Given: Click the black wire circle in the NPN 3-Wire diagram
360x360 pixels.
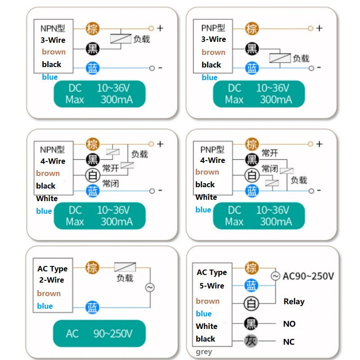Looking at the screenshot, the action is click(93, 49).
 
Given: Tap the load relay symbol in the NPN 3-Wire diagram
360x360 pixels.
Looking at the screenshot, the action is click(121, 39).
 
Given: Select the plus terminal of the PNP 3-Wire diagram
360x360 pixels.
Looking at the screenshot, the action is click(310, 28).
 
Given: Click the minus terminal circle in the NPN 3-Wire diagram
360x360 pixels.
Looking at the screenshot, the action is click(152, 68).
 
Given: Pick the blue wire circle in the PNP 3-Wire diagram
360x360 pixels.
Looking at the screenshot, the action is click(252, 68).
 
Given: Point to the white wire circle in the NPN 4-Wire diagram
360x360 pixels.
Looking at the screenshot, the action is click(93, 175).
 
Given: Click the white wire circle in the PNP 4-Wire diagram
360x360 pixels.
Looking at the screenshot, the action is click(252, 175).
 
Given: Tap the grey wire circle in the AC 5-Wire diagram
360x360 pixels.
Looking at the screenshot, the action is click(251, 341).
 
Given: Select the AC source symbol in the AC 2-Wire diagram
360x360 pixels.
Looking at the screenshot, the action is click(150, 288).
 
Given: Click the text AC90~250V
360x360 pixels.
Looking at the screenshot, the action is click(308, 276).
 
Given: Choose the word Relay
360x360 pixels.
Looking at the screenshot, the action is click(294, 301).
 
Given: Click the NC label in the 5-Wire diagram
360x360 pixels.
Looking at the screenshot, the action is click(289, 342).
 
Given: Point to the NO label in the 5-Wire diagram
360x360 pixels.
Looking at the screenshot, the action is click(289, 324).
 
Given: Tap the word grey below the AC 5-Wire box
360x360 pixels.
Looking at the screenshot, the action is click(204, 352).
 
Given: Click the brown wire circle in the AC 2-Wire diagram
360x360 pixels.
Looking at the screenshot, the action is click(92, 267).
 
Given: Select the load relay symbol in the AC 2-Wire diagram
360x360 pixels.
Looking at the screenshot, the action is click(125, 267).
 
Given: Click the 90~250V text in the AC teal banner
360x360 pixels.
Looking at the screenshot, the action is click(113, 333).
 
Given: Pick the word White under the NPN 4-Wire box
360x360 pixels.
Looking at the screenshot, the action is click(47, 198).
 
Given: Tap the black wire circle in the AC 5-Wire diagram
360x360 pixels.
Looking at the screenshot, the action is click(251, 323).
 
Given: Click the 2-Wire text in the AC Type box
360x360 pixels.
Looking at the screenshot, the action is click(51, 280).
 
